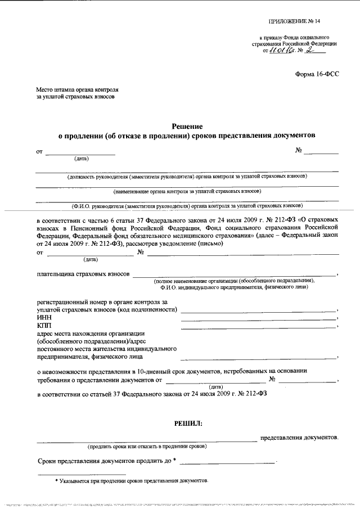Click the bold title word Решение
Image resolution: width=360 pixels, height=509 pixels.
(x=187, y=126)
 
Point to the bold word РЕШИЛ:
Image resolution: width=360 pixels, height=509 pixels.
(x=187, y=422)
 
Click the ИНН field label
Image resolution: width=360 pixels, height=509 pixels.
(x=43, y=318)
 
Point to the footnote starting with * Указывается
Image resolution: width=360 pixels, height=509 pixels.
(x=131, y=481)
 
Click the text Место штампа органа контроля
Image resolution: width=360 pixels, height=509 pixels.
(x=77, y=89)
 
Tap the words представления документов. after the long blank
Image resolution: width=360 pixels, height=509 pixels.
(x=299, y=437)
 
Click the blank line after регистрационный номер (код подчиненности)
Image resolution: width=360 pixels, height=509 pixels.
(x=258, y=310)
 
